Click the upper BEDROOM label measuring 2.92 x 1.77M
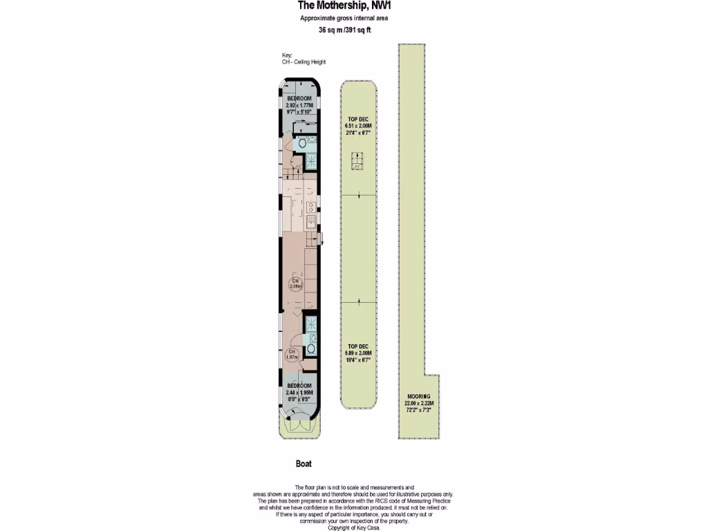point(299,104)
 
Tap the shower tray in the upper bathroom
point(310,161)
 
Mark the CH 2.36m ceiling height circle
point(295,283)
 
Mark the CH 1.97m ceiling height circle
point(292,355)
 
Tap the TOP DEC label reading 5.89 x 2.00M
point(359,353)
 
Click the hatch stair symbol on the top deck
point(357,162)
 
